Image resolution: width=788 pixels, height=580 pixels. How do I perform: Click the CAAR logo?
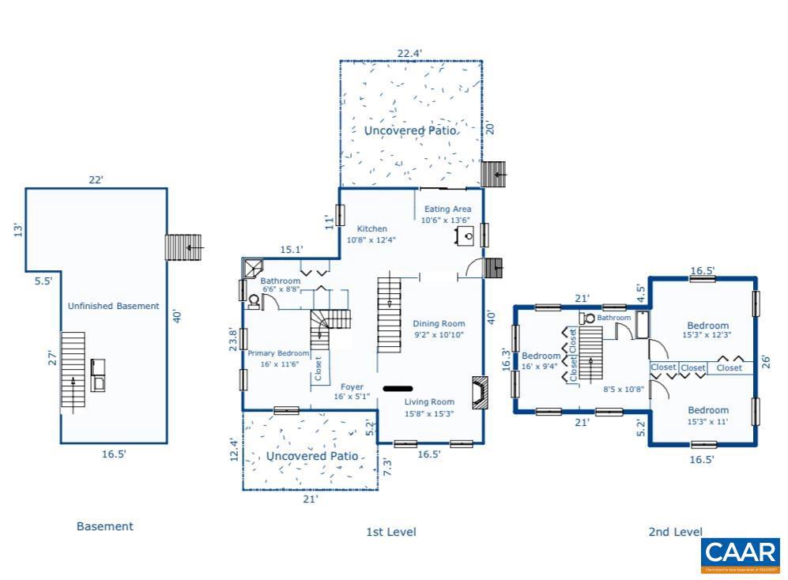click(740, 555)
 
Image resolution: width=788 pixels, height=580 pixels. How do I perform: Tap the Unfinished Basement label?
click(113, 306)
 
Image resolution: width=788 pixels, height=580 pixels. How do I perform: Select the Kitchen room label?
click(371, 229)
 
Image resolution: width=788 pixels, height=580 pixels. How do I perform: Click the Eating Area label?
click(447, 209)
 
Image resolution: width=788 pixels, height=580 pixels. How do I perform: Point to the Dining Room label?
click(439, 323)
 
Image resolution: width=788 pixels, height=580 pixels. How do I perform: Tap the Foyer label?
click(352, 387)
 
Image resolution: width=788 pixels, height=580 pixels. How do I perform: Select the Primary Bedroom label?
click(277, 353)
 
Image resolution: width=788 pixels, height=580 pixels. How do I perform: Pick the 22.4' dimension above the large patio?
click(409, 54)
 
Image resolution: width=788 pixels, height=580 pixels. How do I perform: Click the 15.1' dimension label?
click(292, 250)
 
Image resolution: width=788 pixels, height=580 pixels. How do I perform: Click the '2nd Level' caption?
click(675, 532)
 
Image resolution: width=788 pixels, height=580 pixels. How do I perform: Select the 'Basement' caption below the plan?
click(104, 526)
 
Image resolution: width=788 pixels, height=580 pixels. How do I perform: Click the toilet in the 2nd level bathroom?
click(589, 318)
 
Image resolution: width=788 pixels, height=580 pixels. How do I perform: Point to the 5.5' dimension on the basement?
click(43, 280)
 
